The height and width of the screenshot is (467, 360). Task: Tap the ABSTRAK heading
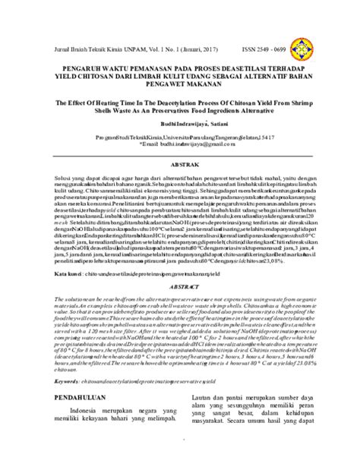click(180, 185)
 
